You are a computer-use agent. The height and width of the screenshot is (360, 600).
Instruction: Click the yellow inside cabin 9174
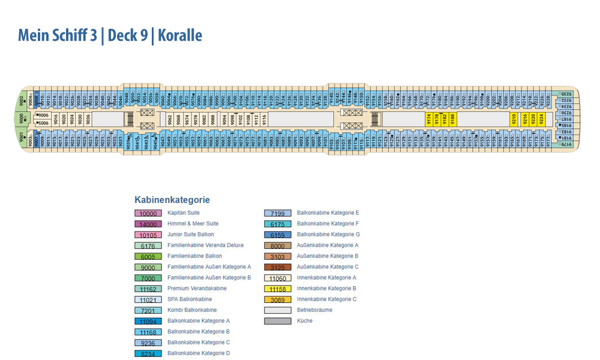429,119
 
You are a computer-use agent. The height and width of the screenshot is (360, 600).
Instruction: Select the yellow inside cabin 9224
541,119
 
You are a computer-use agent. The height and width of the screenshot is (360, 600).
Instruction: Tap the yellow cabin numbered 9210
514,119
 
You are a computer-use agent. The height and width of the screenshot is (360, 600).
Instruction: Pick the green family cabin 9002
22,100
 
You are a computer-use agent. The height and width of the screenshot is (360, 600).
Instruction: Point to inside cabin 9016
56,119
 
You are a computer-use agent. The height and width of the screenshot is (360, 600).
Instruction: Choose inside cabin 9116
265,119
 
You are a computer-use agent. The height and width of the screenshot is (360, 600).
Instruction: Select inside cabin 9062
170,119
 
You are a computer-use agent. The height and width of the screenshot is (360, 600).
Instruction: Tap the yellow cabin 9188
453,119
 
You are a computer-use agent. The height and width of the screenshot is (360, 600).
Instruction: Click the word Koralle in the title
179,35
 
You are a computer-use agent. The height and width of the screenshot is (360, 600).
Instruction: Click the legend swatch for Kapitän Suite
148,213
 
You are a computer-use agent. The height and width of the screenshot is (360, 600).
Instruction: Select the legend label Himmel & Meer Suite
193,224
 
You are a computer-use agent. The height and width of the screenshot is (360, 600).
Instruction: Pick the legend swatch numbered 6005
148,256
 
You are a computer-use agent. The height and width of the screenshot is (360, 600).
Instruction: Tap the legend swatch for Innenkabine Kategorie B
278,289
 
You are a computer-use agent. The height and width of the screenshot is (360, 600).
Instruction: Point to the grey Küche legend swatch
278,321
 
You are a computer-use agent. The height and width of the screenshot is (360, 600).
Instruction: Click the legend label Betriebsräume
314,310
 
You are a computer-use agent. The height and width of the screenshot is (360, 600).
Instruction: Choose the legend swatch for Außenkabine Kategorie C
278,267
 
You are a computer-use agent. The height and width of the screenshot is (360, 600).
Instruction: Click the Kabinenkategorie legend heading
172,200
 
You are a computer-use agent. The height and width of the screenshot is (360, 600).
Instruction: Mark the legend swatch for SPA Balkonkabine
148,299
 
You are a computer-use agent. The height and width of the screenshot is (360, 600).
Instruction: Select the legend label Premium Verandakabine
197,289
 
